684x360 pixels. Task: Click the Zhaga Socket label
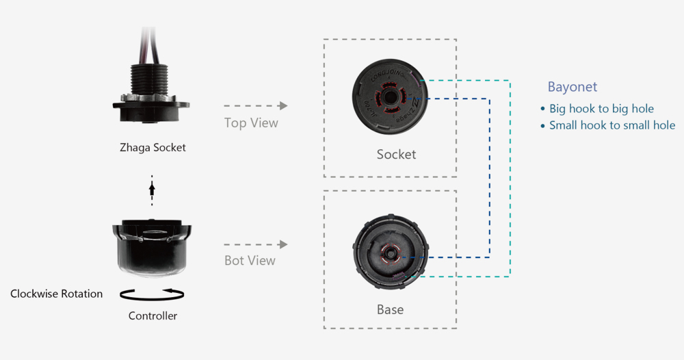[x=153, y=147]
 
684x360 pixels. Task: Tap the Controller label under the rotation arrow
[x=153, y=316]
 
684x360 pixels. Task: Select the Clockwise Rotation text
[x=56, y=294]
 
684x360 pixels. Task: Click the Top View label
[x=251, y=123]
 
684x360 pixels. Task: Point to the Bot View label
[x=250, y=261]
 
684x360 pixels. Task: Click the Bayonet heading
[x=572, y=87]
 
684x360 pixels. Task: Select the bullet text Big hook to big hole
[x=601, y=109]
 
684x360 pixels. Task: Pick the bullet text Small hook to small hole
[x=611, y=125]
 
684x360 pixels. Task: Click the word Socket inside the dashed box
[x=396, y=154]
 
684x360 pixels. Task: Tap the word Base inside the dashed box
[x=390, y=309]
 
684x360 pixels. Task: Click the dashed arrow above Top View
[x=254, y=106]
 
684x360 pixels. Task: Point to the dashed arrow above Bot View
[x=254, y=244]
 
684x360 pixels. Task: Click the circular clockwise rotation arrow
[x=152, y=294]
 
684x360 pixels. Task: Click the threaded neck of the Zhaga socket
[x=152, y=80]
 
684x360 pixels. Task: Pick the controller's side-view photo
[x=152, y=247]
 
